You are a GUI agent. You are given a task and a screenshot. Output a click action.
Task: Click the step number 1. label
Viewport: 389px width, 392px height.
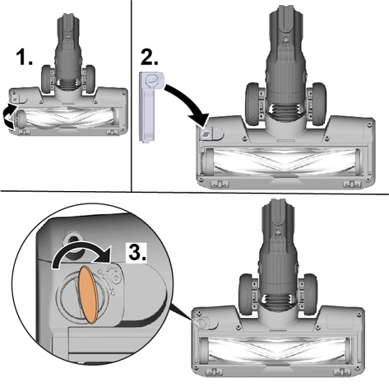pos(24,58)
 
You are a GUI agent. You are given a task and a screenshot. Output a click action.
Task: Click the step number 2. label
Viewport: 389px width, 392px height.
pos(149,57)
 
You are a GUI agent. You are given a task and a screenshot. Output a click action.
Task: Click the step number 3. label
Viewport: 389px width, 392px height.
pos(137,252)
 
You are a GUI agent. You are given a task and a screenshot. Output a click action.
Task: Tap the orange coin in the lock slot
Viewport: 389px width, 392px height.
pos(88,294)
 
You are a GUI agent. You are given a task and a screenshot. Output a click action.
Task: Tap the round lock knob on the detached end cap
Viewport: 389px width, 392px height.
pos(151,81)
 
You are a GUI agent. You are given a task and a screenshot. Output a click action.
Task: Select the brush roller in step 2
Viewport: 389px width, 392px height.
pos(283,161)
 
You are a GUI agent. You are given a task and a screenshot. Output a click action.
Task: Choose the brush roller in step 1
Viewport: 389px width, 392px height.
pos(66,117)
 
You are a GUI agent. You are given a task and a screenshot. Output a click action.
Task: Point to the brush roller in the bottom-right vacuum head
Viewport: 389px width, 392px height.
pos(276,350)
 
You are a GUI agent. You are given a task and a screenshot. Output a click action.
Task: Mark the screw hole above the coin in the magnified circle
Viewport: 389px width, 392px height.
pos(73,241)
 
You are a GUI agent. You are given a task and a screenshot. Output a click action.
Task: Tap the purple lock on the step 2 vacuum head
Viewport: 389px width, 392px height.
pos(206,133)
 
